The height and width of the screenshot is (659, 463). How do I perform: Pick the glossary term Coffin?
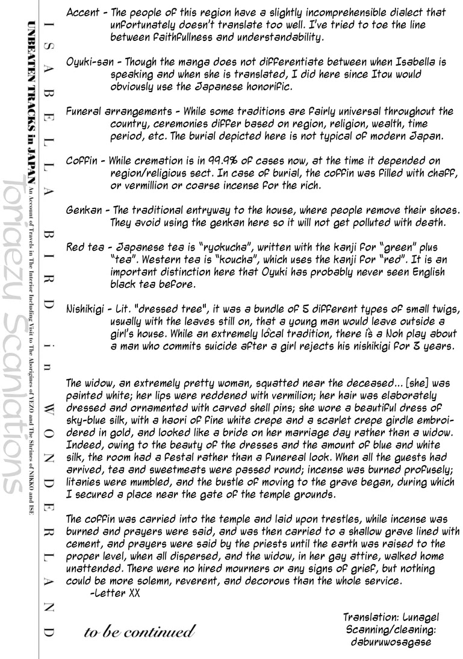coord(78,161)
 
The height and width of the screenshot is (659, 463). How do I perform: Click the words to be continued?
coord(140,632)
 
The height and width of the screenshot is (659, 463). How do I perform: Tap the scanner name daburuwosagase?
coord(391,642)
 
